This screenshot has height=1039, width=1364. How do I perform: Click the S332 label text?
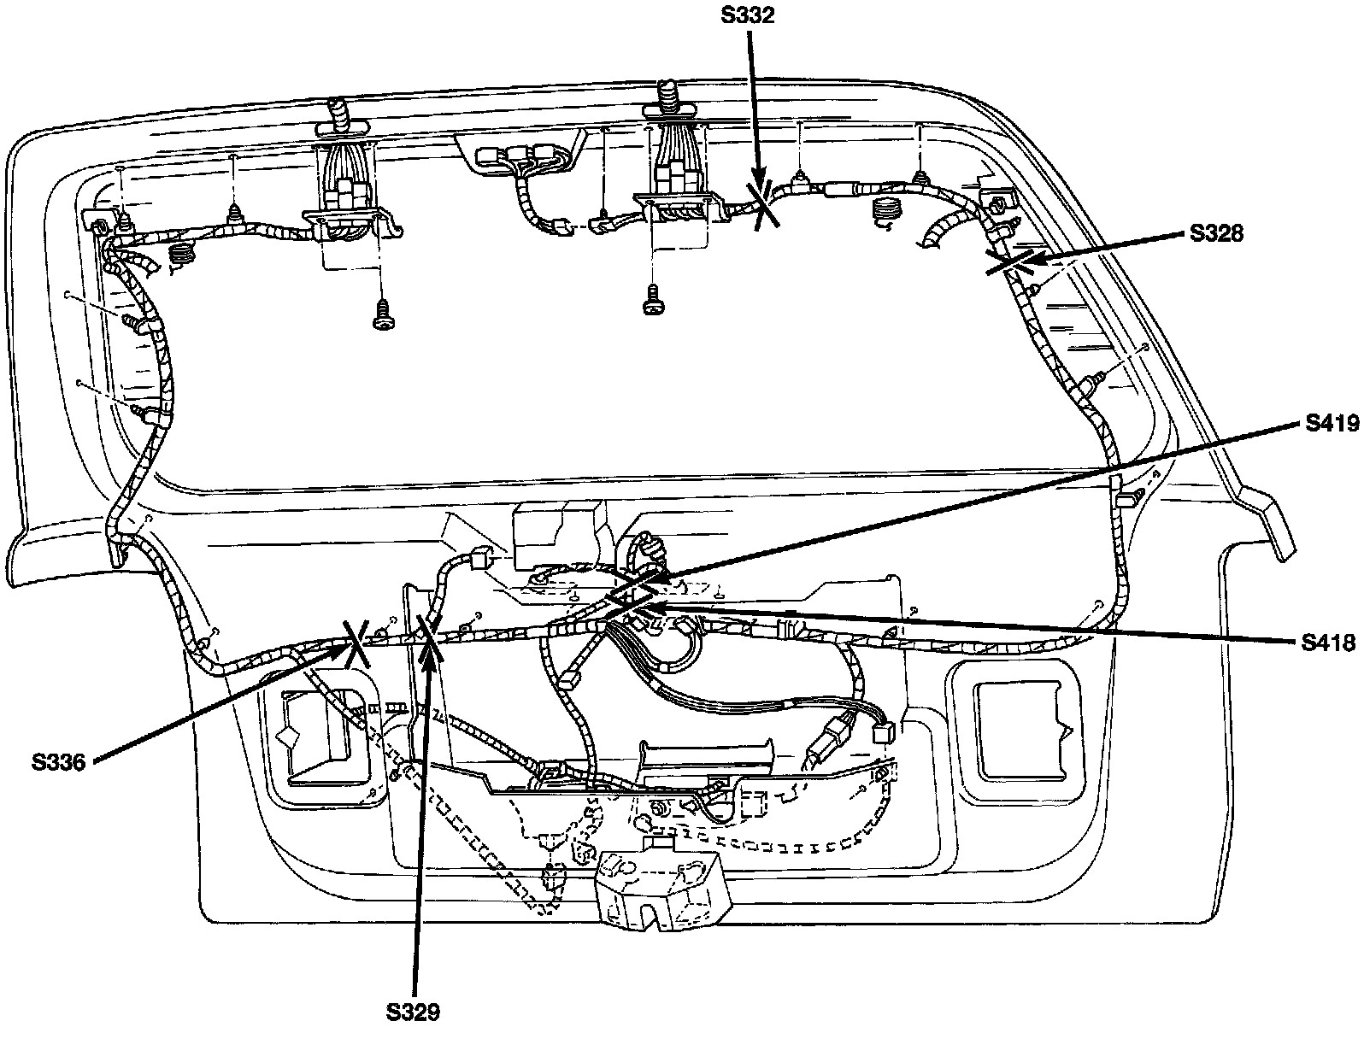(747, 16)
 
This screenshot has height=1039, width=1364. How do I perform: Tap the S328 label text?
(1217, 233)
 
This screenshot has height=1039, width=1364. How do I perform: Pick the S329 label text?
(413, 1013)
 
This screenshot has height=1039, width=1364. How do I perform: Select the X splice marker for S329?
(427, 639)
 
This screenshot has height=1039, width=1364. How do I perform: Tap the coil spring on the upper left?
(180, 253)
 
